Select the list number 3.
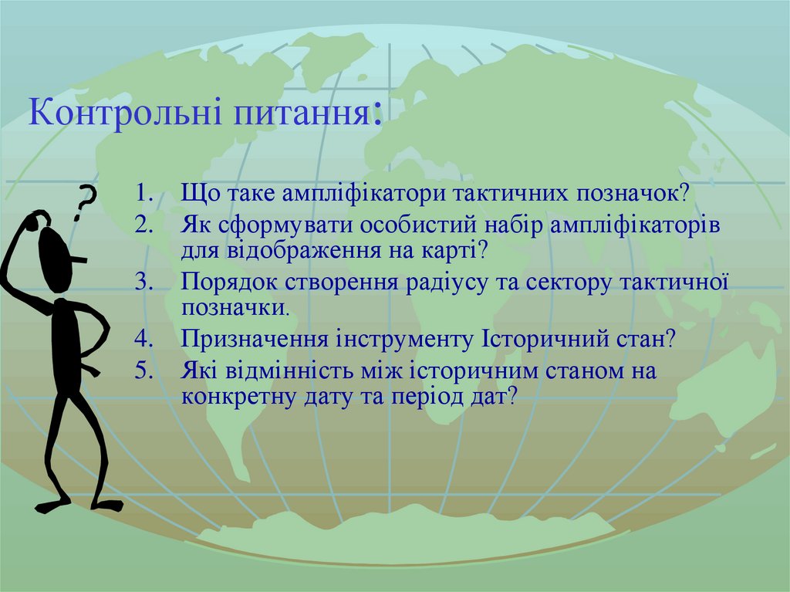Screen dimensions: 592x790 point(144,282)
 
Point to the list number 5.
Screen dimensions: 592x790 point(144,372)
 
